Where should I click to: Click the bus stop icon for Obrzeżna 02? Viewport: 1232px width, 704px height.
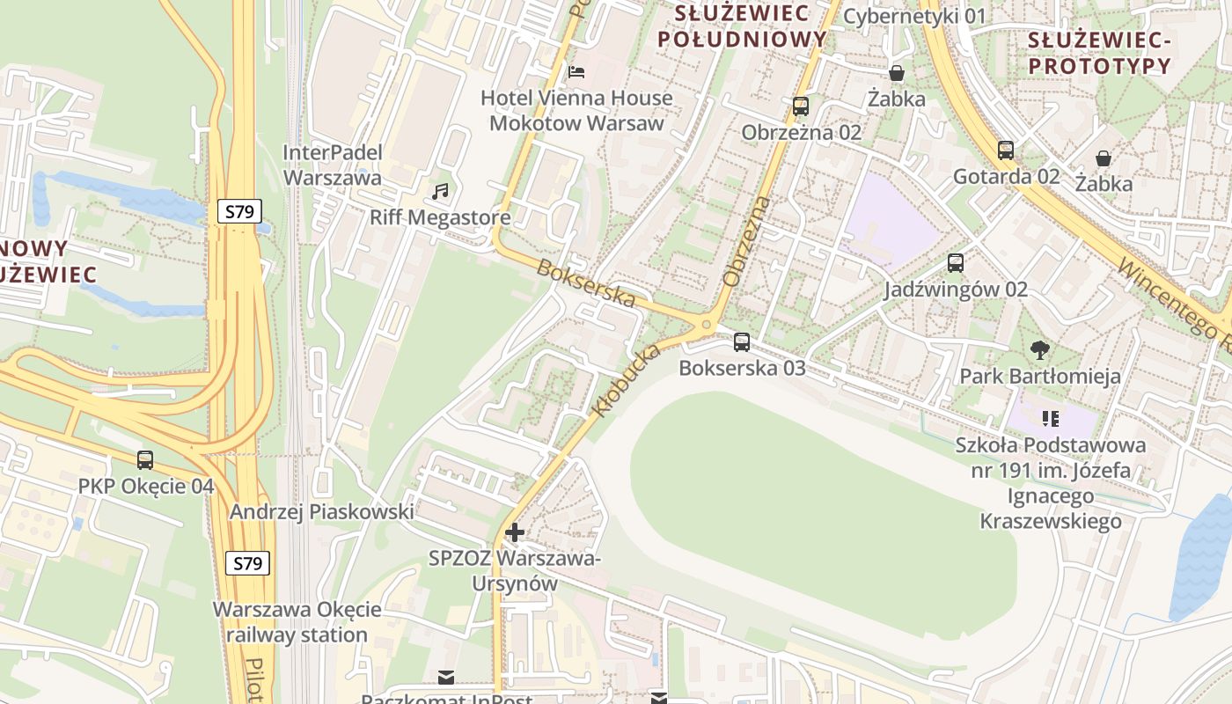pyautogui.click(x=801, y=106)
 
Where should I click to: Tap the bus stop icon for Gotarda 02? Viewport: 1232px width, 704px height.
pyautogui.click(x=1006, y=150)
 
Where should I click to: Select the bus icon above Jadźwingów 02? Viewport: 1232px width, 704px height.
pyautogui.click(x=956, y=262)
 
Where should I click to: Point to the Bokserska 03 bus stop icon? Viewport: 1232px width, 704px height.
pyautogui.click(x=742, y=341)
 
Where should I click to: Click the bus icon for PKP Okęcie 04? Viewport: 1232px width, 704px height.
pyautogui.click(x=145, y=459)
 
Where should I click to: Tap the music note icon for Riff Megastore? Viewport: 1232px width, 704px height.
pyautogui.click(x=441, y=191)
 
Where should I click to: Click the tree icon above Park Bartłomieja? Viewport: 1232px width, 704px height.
pyautogui.click(x=1040, y=350)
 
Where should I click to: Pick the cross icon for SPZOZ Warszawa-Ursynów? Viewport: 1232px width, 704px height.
pyautogui.click(x=515, y=532)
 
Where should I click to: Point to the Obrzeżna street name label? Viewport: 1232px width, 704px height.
pyautogui.click(x=746, y=241)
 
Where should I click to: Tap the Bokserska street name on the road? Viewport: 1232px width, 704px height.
pyautogui.click(x=586, y=283)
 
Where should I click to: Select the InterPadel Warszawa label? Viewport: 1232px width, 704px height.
pyautogui.click(x=333, y=165)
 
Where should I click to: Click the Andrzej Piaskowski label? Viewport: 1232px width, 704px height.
pyautogui.click(x=321, y=512)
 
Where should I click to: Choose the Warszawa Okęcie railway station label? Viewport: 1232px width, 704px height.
pyautogui.click(x=297, y=622)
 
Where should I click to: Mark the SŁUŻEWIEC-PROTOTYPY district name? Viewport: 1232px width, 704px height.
pyautogui.click(x=1100, y=53)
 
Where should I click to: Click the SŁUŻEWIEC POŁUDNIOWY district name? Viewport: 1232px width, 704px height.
pyautogui.click(x=743, y=26)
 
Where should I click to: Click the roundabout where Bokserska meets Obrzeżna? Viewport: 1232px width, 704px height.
pyautogui.click(x=706, y=326)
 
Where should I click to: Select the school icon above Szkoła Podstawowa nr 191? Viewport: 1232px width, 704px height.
pyautogui.click(x=1050, y=418)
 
